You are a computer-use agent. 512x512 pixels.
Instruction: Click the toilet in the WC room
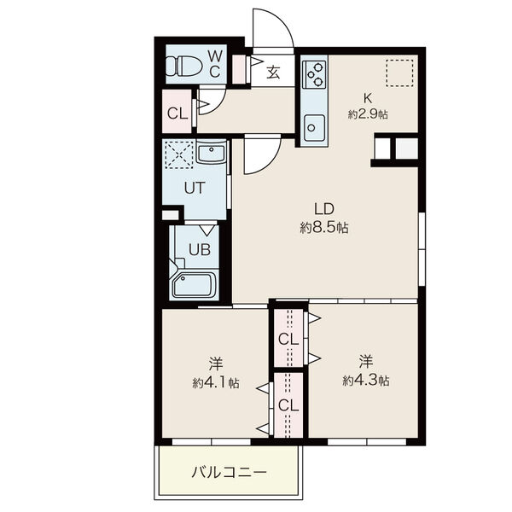point(184,67)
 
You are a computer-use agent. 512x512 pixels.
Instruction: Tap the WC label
point(215,64)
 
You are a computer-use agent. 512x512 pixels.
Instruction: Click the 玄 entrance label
point(273,73)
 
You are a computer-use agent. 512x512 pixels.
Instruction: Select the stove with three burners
point(314,74)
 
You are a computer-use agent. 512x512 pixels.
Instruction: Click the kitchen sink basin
point(314,127)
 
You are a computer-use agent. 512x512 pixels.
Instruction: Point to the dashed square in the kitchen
point(399,73)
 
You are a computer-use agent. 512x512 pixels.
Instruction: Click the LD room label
point(324,209)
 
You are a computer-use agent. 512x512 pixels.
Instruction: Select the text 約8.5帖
point(324,228)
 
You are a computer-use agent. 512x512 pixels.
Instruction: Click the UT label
point(195,188)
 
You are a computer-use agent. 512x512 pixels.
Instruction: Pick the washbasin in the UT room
point(212,153)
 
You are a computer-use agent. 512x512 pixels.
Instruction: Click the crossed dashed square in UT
point(179,154)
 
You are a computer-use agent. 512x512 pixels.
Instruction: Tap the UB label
point(200,250)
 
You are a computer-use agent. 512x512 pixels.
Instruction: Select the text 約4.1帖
point(216,382)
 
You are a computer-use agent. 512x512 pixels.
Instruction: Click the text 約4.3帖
point(366,381)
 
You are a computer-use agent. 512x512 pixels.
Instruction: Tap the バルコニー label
point(230,472)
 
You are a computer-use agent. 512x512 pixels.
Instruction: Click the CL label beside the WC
point(177,114)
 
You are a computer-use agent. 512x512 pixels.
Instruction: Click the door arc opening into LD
point(269,161)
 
